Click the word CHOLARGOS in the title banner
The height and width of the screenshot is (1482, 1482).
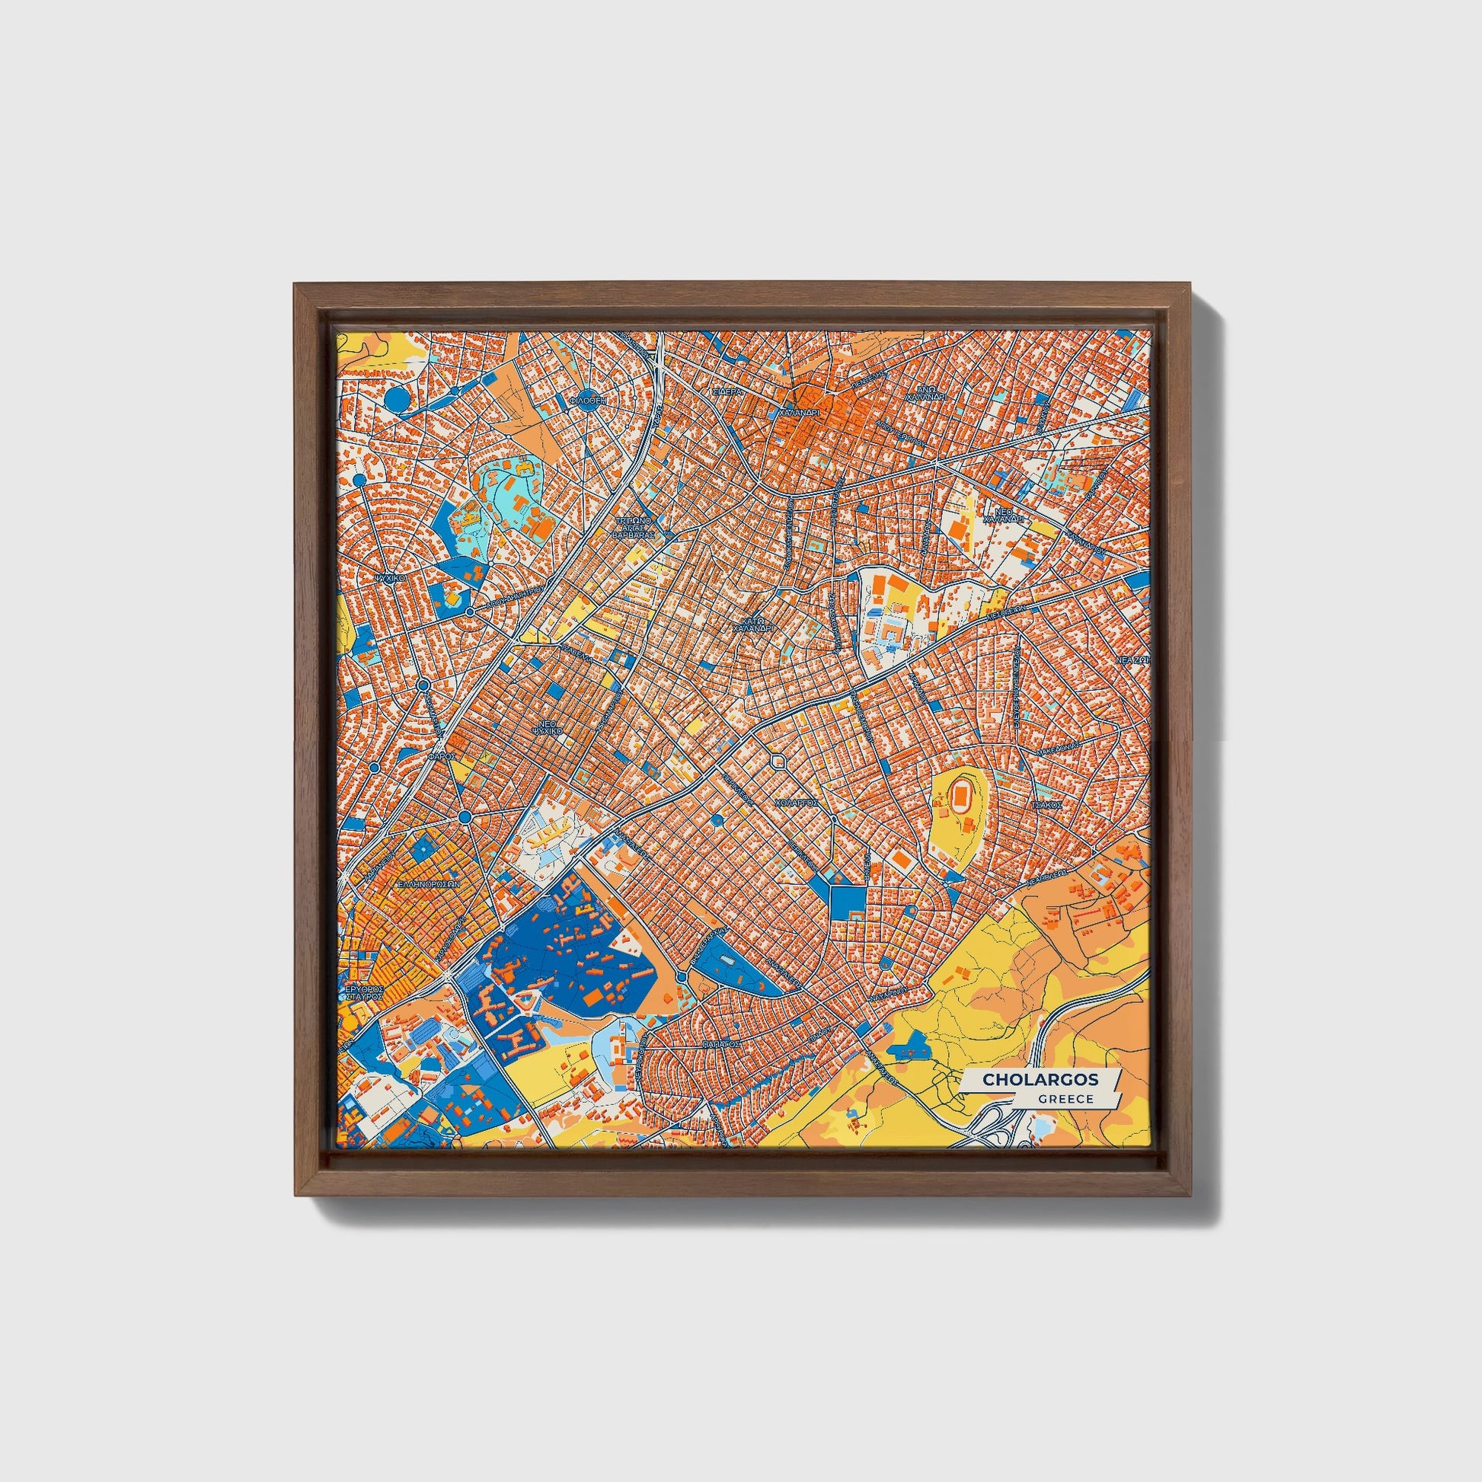click(x=1040, y=1079)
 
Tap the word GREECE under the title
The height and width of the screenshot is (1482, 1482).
click(x=1066, y=1098)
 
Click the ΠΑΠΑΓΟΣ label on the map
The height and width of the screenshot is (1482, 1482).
click(x=721, y=1044)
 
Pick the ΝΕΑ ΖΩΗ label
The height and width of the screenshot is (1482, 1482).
click(x=1133, y=659)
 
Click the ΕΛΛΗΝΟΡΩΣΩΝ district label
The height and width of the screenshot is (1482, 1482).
click(x=427, y=883)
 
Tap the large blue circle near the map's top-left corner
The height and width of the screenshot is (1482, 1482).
click(x=396, y=398)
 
